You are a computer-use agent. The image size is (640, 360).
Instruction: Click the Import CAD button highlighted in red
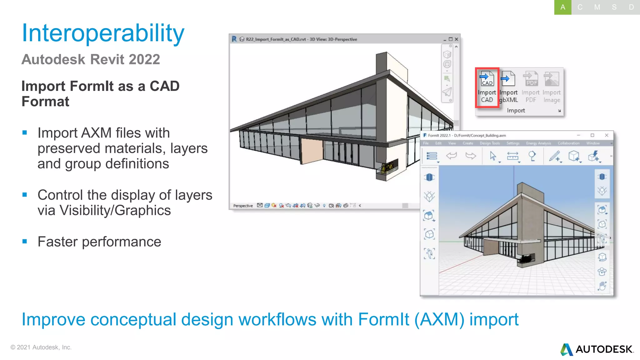[487, 87]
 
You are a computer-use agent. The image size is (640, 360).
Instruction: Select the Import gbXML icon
[508, 87]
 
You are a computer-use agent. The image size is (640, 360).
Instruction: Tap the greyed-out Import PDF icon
[531, 87]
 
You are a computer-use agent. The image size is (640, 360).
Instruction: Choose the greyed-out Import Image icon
[552, 87]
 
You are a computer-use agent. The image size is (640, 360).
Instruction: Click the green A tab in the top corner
[562, 7]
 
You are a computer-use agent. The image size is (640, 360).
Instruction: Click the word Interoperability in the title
[103, 33]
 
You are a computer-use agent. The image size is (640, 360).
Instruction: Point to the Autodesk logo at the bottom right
[597, 349]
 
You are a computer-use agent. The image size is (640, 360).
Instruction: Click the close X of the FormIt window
[607, 135]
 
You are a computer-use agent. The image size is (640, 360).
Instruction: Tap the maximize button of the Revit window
[450, 39]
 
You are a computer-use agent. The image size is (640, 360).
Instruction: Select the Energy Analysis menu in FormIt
[538, 143]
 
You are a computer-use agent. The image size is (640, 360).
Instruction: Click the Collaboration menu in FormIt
[568, 143]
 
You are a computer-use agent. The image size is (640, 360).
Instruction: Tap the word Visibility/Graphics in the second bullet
[115, 210]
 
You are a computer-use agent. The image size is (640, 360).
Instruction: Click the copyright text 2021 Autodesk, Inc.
[41, 347]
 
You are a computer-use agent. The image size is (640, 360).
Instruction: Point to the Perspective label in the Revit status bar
[243, 206]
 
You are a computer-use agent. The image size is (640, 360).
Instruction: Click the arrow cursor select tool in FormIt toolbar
[493, 156]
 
